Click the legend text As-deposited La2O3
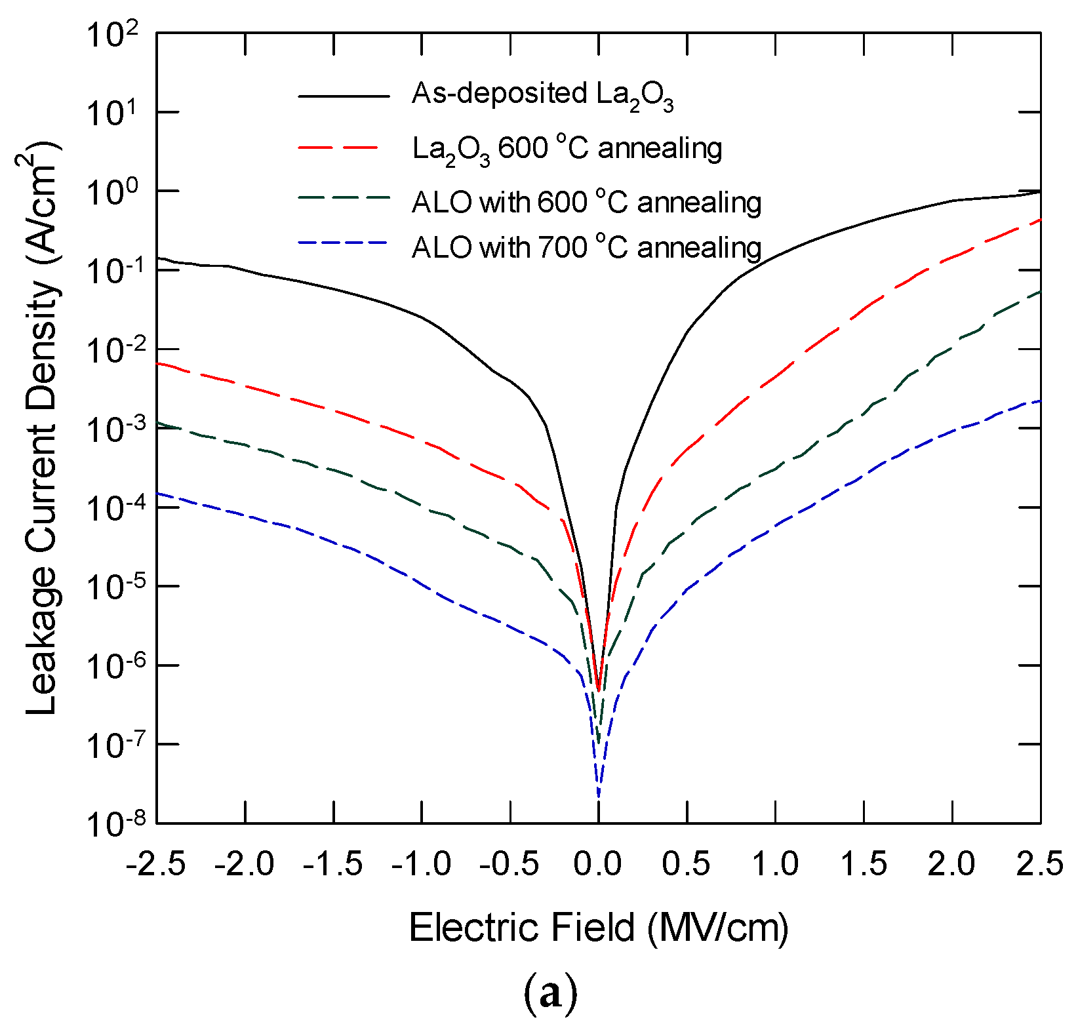542,95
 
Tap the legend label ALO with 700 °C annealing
586,248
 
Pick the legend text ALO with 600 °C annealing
586,203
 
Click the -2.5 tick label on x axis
155,864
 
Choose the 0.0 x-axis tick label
597,864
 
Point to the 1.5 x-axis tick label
864,864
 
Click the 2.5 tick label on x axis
1040,864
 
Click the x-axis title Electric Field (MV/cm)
598,928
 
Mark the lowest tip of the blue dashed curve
598,797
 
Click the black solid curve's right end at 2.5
1040,191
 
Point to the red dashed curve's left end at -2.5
158,363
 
